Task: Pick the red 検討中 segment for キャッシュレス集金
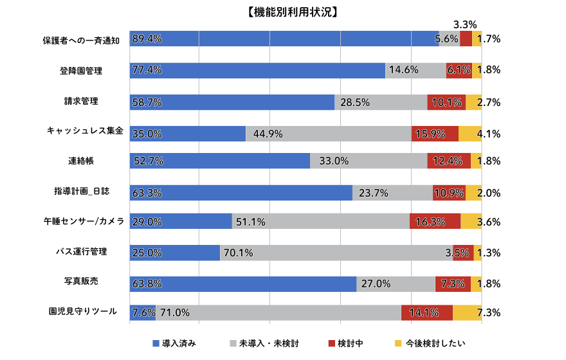point(435,134)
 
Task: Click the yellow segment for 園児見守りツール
point(468,313)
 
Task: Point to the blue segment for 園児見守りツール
point(142,313)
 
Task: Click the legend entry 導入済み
point(174,343)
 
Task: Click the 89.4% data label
point(147,39)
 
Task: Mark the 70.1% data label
point(238,253)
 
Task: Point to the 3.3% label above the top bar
point(465,24)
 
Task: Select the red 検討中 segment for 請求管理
point(446,102)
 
